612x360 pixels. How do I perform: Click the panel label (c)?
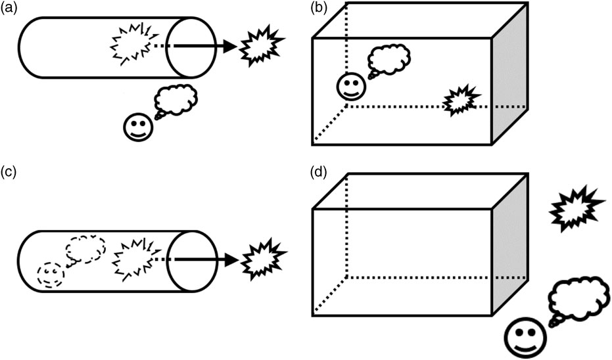point(11,173)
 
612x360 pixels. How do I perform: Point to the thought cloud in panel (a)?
point(176,100)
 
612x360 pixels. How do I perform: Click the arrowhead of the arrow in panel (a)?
point(228,46)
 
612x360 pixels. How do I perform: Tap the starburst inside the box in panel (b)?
point(458,101)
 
